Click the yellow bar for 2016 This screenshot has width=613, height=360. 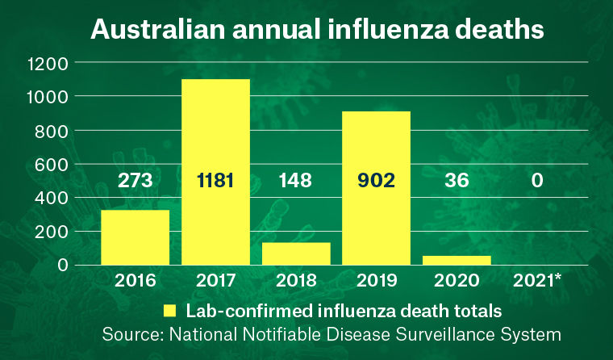pos(135,237)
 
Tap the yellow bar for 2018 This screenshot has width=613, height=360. pos(296,253)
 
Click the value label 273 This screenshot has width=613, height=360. pos(135,180)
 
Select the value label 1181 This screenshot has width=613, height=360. pos(215,180)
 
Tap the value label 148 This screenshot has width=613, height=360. pos(296,180)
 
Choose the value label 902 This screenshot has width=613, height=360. pos(377,180)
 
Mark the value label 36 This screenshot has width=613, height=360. pos(457,180)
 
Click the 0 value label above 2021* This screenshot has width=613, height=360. pos(537,180)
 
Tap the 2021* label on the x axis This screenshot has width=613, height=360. pos(539,282)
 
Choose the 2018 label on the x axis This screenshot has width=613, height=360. pos(296,282)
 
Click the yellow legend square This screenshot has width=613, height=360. pos(170,310)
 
